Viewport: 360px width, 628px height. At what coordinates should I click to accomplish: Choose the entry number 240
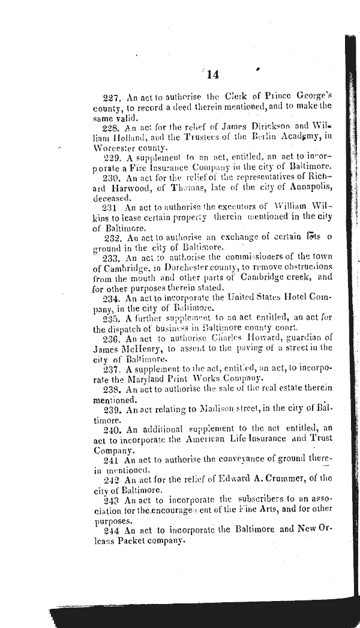coord(112,429)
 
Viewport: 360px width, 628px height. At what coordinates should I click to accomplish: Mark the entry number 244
coord(112,530)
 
